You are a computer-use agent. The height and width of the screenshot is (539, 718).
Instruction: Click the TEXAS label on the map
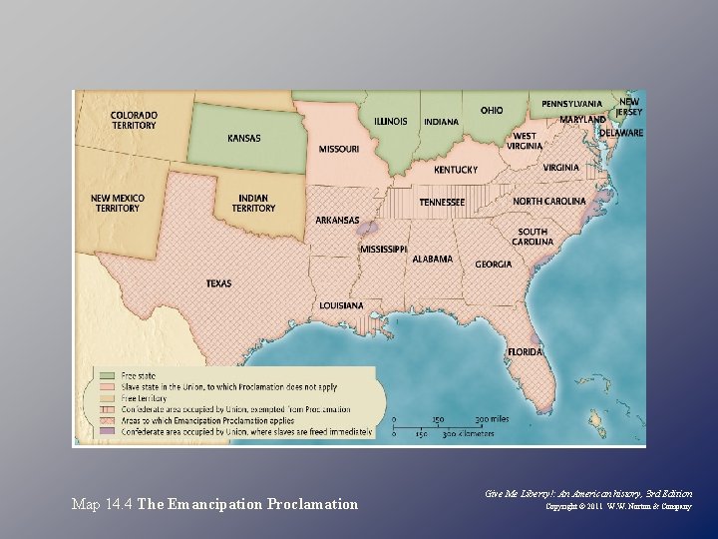(218, 283)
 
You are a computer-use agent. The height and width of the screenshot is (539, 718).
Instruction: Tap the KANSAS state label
(243, 138)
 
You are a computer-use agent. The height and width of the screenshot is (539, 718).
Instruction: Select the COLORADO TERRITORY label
(133, 120)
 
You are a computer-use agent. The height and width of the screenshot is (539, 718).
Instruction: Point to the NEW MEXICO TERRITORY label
(117, 203)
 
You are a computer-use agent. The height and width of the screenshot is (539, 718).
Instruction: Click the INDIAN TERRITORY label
(253, 203)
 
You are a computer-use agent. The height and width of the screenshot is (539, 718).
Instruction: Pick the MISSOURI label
(339, 149)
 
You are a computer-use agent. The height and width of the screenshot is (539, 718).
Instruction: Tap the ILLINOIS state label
(390, 122)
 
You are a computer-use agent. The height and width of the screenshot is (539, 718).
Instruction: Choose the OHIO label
(492, 110)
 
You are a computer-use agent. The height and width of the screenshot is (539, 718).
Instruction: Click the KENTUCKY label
(455, 170)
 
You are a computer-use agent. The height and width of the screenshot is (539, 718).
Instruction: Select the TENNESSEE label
(441, 202)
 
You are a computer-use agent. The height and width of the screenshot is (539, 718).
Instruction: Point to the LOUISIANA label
(341, 304)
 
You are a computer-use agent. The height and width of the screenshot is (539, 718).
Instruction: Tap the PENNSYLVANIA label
(571, 104)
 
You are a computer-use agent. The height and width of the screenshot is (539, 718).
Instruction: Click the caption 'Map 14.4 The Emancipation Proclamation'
(214, 504)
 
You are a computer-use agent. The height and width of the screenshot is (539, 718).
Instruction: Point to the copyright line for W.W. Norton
(618, 507)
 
